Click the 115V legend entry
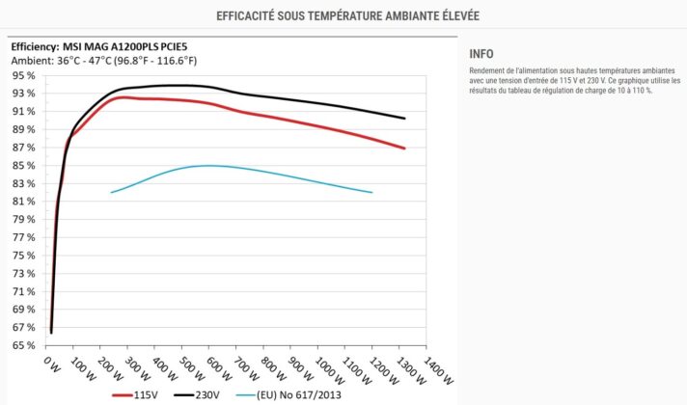[x=135, y=395]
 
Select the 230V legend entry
[x=197, y=395]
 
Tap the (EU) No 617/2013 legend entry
[x=289, y=395]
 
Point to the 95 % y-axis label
[x=23, y=76]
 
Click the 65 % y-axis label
[x=23, y=345]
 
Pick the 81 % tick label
[x=23, y=202]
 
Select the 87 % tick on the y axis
[x=23, y=148]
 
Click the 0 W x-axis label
[x=52, y=364]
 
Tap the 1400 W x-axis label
[x=438, y=370]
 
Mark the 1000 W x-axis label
[x=329, y=370]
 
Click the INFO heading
[x=481, y=54]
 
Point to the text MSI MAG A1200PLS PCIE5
[x=124, y=47]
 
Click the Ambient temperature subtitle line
[x=104, y=61]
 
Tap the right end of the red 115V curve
[x=404, y=148]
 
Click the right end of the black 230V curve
[x=404, y=119]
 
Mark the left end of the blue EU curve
[x=111, y=192]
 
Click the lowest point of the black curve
[x=51, y=334]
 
